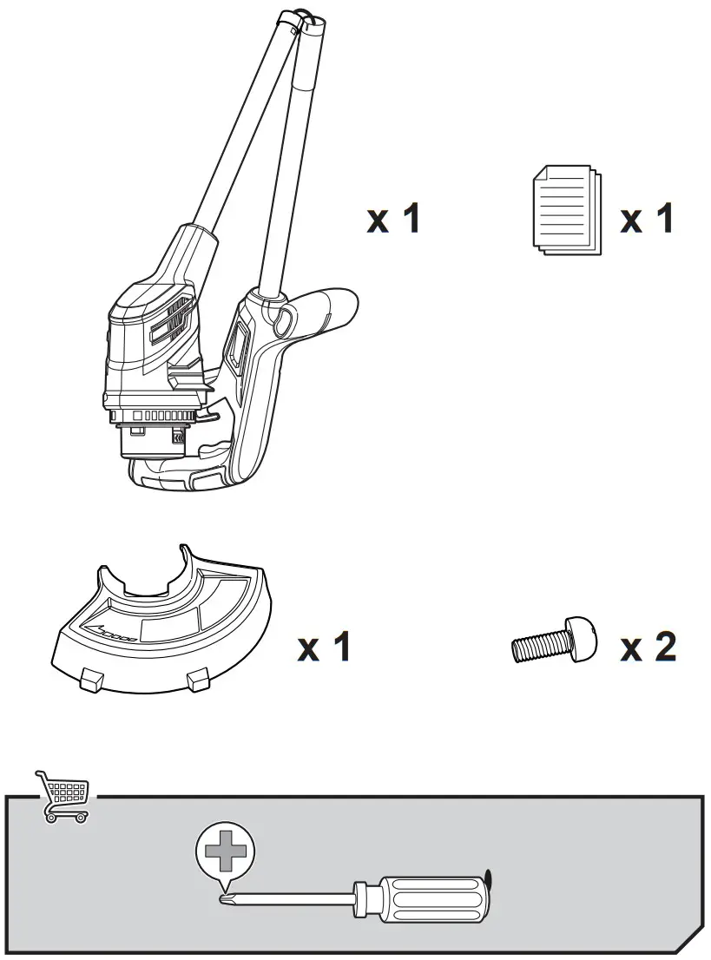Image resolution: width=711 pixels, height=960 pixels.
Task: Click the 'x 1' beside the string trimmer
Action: [x=393, y=220]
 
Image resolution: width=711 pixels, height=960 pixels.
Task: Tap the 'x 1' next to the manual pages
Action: [x=647, y=220]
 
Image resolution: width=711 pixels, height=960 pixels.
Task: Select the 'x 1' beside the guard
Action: [x=324, y=647]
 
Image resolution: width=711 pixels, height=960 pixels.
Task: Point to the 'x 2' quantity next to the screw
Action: [x=648, y=647]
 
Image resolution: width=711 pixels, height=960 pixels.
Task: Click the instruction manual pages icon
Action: [x=565, y=210]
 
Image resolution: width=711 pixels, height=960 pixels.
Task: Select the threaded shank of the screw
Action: [x=538, y=648]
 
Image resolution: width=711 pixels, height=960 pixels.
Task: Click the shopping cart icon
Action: [x=62, y=794]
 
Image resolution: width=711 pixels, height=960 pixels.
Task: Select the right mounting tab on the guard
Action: [x=199, y=680]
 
